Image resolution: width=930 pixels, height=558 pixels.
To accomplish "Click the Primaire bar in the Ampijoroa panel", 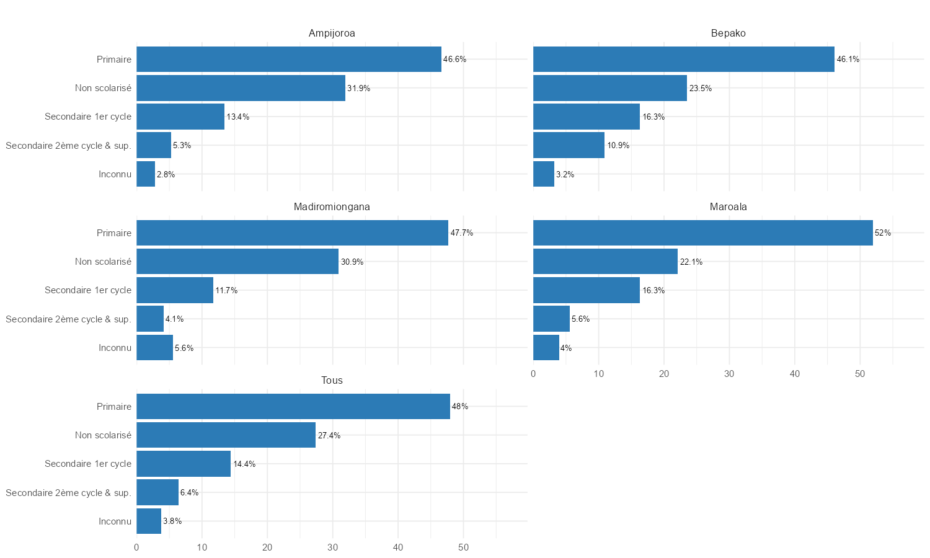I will (289, 60).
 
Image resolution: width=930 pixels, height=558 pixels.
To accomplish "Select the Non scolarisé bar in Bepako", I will (610, 88).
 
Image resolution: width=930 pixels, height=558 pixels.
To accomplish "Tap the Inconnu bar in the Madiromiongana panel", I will (154, 348).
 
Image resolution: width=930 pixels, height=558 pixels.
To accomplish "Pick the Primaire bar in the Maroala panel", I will (702, 233).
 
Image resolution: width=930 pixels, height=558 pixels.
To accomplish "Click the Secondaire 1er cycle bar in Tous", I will (184, 464).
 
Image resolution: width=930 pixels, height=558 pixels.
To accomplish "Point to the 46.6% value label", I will (454, 60).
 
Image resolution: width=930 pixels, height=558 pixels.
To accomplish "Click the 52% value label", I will (883, 233).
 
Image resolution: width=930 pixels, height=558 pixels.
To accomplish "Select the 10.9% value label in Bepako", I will (618, 146).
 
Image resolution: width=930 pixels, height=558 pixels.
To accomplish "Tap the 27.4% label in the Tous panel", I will (329, 436).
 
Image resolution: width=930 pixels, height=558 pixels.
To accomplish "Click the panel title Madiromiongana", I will (332, 207).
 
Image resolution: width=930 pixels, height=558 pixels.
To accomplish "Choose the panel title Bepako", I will (728, 33).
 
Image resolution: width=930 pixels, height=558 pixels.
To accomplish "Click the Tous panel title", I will (332, 381).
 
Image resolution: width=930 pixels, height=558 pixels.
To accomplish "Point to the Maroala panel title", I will (728, 207).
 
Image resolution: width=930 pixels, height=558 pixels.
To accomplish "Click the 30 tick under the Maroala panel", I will (729, 374).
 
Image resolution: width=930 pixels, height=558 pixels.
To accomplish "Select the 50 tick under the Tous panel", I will (463, 547).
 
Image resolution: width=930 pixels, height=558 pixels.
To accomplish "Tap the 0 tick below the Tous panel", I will (136, 547).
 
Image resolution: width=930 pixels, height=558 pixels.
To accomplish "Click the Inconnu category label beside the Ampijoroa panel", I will (115, 174).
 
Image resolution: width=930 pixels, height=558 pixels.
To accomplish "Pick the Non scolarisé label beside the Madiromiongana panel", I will (103, 262).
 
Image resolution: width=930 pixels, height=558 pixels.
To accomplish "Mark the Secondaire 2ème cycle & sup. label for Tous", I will (68, 493).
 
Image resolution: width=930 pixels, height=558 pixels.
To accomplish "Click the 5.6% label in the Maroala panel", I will (581, 319).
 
